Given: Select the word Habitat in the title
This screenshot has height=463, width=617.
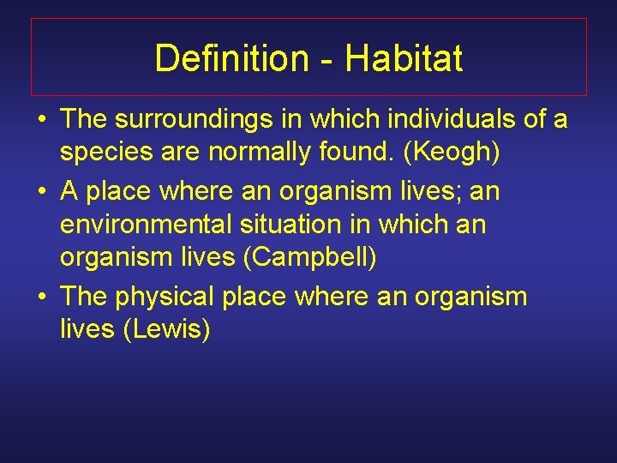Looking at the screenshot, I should click(x=404, y=58).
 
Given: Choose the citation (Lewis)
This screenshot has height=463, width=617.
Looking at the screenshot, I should click(x=167, y=329).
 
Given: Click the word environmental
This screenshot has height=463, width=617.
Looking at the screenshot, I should click(x=143, y=225).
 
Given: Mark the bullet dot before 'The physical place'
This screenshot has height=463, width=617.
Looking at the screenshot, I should click(x=41, y=298).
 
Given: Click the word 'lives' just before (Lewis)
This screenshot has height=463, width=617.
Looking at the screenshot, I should click(x=88, y=329).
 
